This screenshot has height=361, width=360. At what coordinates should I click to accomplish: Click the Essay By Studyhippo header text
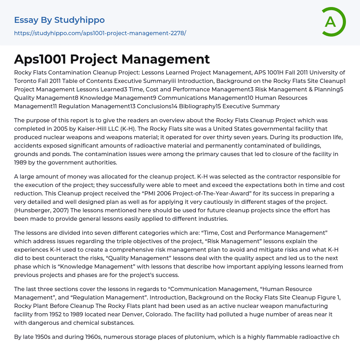point(59,20)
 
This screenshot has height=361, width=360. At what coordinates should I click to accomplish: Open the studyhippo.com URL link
point(100,33)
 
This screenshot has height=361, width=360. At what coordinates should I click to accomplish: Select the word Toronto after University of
point(24,81)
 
